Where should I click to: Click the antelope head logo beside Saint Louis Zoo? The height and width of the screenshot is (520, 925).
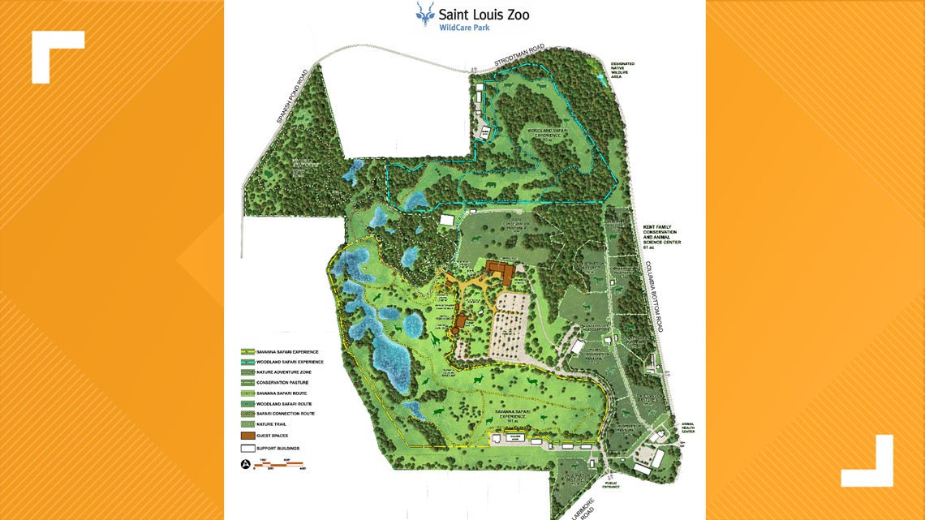click(424, 14)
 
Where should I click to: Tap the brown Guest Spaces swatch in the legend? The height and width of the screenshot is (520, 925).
click(247, 436)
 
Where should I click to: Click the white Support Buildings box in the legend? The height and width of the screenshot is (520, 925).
click(247, 448)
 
